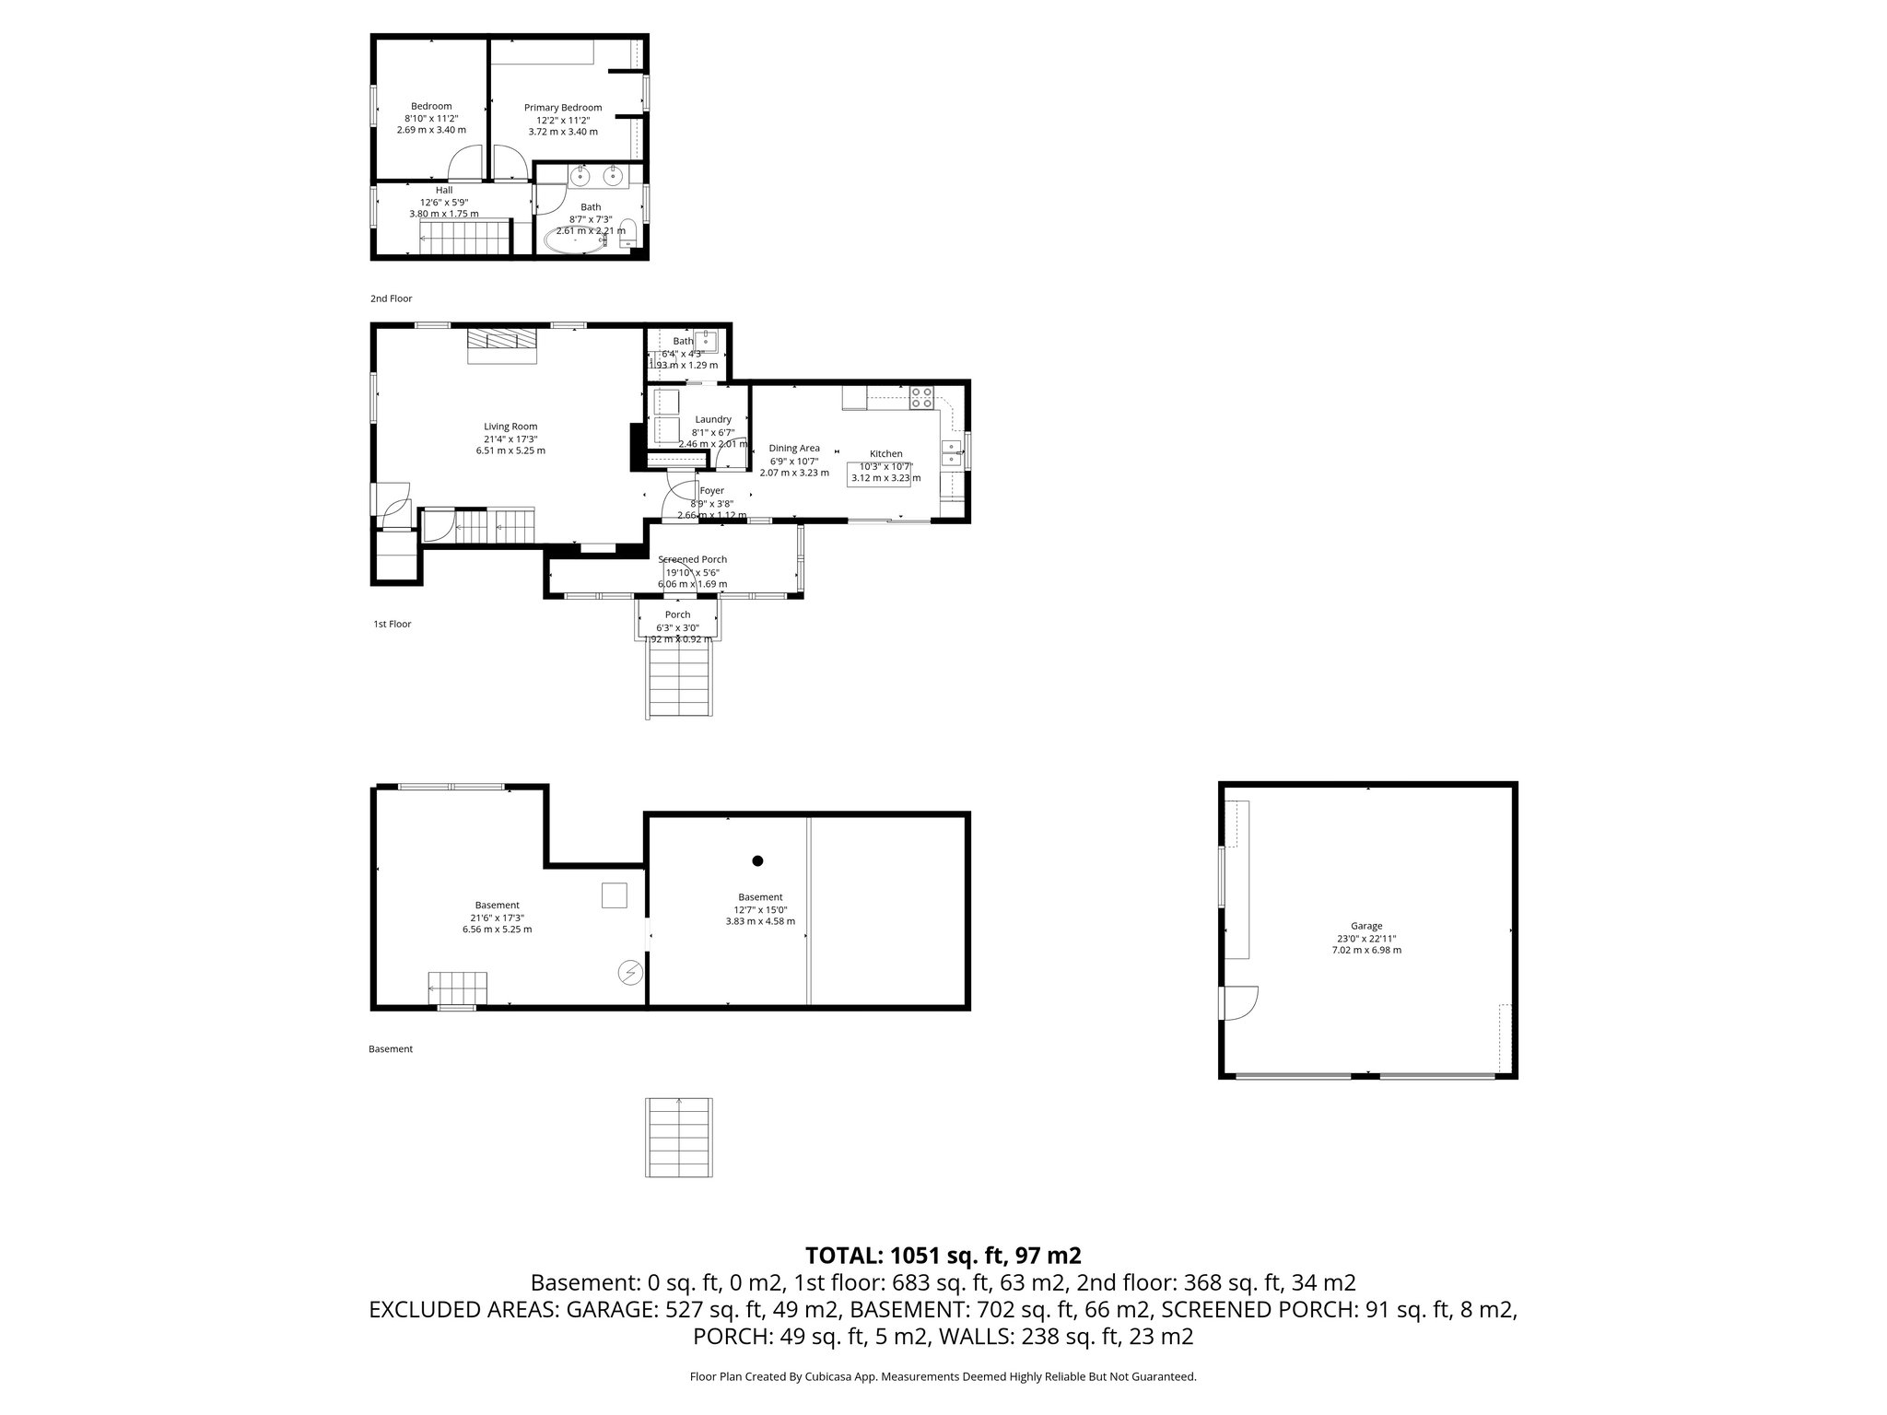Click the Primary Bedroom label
click(x=563, y=108)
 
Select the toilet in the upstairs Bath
click(x=628, y=234)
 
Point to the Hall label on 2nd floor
click(x=444, y=190)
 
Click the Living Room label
click(x=510, y=427)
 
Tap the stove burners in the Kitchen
click(x=921, y=398)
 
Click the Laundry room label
click(x=713, y=419)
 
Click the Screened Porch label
click(x=692, y=559)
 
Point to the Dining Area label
click(x=794, y=449)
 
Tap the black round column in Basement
click(x=757, y=861)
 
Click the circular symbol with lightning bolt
click(x=630, y=973)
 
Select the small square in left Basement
click(x=615, y=895)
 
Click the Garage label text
click(x=1366, y=926)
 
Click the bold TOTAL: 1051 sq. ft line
click(x=943, y=1255)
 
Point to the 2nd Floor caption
click(x=392, y=298)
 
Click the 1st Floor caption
click(x=392, y=624)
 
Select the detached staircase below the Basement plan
click(x=680, y=1137)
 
